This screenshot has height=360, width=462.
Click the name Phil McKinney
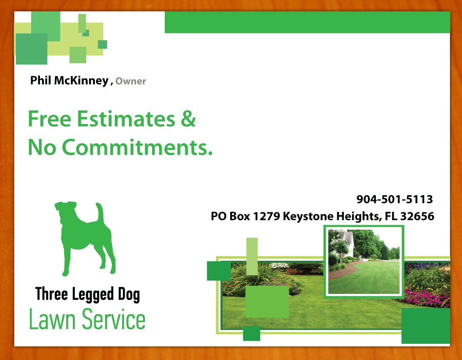point(69,81)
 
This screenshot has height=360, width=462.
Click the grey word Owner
point(131,82)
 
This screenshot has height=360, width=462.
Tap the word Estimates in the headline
point(126,119)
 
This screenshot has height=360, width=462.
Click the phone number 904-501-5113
point(395,200)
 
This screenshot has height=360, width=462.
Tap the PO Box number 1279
point(266,216)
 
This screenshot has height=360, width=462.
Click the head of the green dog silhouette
point(66,211)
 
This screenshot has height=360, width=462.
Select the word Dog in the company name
point(127,295)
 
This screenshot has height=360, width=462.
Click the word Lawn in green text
point(52,320)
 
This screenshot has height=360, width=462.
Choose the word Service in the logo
point(114,320)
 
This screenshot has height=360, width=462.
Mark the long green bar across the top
point(307,22)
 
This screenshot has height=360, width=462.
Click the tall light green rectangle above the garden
point(252,256)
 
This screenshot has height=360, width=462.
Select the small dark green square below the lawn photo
point(251,333)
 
